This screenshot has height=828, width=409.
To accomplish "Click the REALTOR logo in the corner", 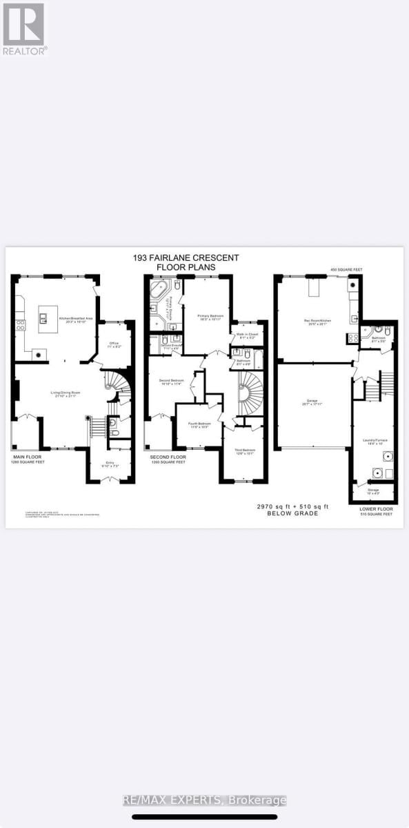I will click(x=24, y=28).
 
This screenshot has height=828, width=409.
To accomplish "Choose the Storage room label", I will click(x=373, y=492).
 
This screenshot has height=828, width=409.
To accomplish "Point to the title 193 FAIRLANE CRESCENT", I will click(x=186, y=257).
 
